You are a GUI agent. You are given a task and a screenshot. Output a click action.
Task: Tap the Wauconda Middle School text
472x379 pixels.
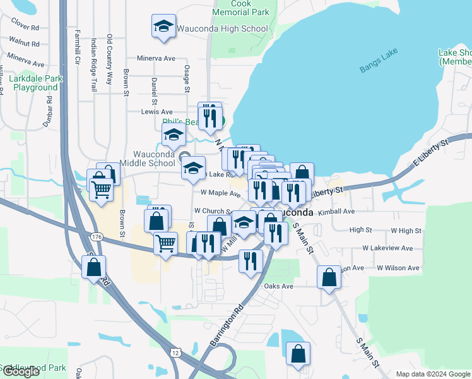153,159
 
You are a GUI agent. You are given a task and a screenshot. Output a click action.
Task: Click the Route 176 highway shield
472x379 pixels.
97,236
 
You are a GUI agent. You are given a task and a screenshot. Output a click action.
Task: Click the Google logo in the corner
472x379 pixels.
21,371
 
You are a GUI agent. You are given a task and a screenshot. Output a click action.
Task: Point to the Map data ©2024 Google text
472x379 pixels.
432,374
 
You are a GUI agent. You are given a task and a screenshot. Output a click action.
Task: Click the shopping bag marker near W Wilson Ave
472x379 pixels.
329,277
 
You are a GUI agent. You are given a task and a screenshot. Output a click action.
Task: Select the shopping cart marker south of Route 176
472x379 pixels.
165,243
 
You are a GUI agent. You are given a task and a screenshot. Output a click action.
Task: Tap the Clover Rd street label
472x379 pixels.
26,28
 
